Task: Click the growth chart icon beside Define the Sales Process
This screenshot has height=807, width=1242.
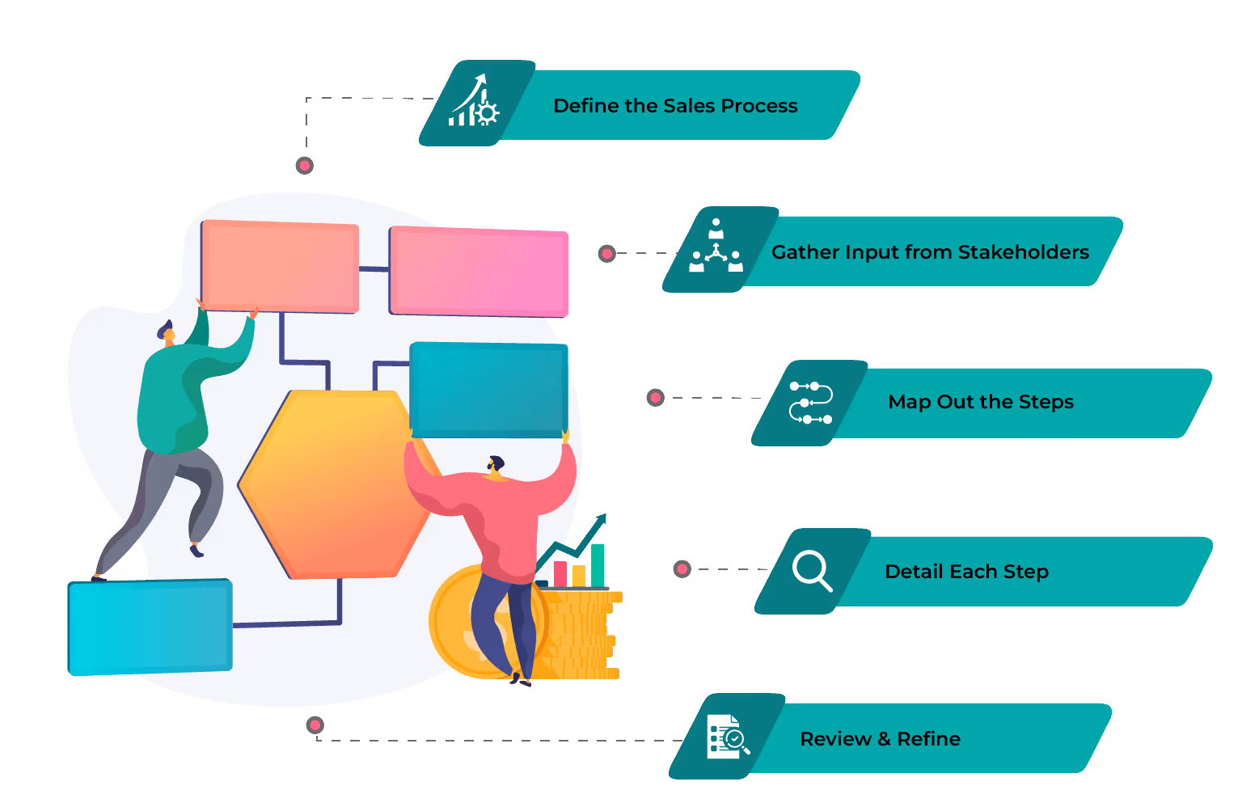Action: [x=475, y=103]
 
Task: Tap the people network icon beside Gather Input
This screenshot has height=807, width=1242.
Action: [x=716, y=248]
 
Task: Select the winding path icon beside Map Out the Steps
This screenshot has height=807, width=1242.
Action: [x=810, y=403]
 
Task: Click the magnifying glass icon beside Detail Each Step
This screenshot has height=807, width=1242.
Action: [x=812, y=570]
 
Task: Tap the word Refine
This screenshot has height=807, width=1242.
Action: [x=928, y=739]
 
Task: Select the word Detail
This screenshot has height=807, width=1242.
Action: [x=914, y=572]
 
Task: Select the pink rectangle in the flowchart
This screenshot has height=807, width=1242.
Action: [x=479, y=272]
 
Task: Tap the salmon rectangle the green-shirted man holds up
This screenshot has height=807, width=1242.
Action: [x=280, y=266]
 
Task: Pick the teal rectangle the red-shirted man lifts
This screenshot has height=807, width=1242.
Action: [x=488, y=389]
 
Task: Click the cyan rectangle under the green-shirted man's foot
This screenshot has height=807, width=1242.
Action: [x=150, y=627]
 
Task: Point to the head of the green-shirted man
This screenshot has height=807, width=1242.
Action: [x=167, y=332]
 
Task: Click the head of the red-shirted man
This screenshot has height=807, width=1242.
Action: [x=496, y=465]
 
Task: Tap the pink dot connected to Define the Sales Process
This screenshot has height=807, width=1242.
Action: [x=305, y=166]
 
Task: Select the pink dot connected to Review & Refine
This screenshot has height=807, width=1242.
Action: [x=315, y=725]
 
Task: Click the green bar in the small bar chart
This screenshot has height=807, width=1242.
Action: [x=598, y=564]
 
